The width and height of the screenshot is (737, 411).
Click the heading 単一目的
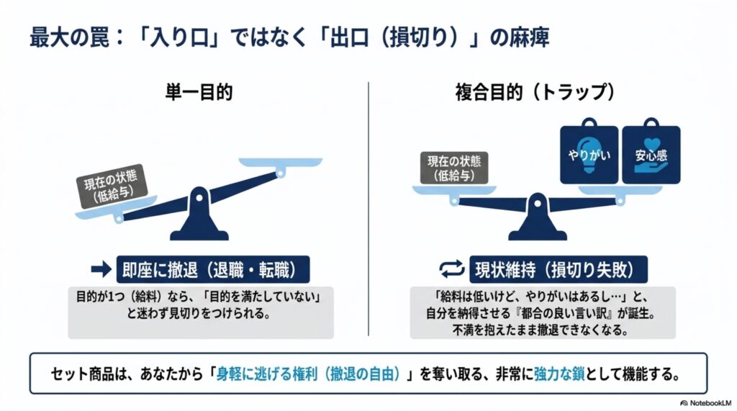click(x=199, y=92)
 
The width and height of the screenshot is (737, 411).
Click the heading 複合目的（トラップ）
click(x=535, y=92)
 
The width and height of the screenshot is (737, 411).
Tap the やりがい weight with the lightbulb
click(x=589, y=152)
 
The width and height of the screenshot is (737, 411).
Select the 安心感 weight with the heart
click(x=651, y=152)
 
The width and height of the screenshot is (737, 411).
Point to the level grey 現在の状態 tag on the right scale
click(x=454, y=168)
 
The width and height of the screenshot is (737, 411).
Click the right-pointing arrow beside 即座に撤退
click(x=101, y=269)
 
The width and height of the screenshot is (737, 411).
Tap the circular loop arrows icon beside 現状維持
click(x=452, y=269)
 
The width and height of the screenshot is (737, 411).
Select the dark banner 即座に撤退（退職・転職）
click(x=213, y=269)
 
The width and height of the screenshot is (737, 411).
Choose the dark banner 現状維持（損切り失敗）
click(x=559, y=269)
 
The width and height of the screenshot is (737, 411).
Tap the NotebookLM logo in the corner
click(x=706, y=403)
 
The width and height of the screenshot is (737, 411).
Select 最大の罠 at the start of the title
click(x=70, y=37)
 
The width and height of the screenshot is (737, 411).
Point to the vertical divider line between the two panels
click(x=368, y=209)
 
